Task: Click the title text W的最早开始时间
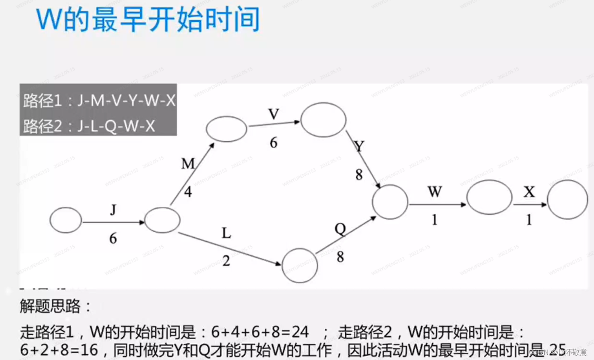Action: pyautogui.click(x=148, y=19)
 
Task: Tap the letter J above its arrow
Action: pyautogui.click(x=113, y=210)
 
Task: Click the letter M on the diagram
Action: pyautogui.click(x=188, y=163)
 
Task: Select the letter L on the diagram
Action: pyautogui.click(x=226, y=233)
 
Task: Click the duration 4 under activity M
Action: pyautogui.click(x=188, y=192)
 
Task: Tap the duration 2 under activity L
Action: pyautogui.click(x=226, y=260)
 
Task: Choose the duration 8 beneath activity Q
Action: pyautogui.click(x=340, y=257)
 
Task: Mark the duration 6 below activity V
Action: pyautogui.click(x=273, y=142)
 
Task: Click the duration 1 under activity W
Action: pyautogui.click(x=434, y=220)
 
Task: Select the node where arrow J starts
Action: pyautogui.click(x=66, y=220)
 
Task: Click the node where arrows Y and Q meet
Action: pyautogui.click(x=390, y=202)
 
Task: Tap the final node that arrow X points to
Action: pyautogui.click(x=567, y=200)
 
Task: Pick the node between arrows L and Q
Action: pyautogui.click(x=300, y=265)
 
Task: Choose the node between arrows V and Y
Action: pyautogui.click(x=323, y=119)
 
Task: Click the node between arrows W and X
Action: pyautogui.click(x=489, y=197)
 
